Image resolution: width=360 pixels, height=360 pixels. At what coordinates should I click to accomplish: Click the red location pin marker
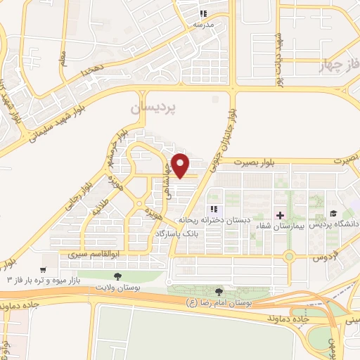181,165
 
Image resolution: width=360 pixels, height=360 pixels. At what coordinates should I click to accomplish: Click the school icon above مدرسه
203,13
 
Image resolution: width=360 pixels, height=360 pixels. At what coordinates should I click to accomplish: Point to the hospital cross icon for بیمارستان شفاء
280,214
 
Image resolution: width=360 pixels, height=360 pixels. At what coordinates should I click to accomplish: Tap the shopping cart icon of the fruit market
44,269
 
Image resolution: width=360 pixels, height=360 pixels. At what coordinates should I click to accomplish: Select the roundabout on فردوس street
289,256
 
